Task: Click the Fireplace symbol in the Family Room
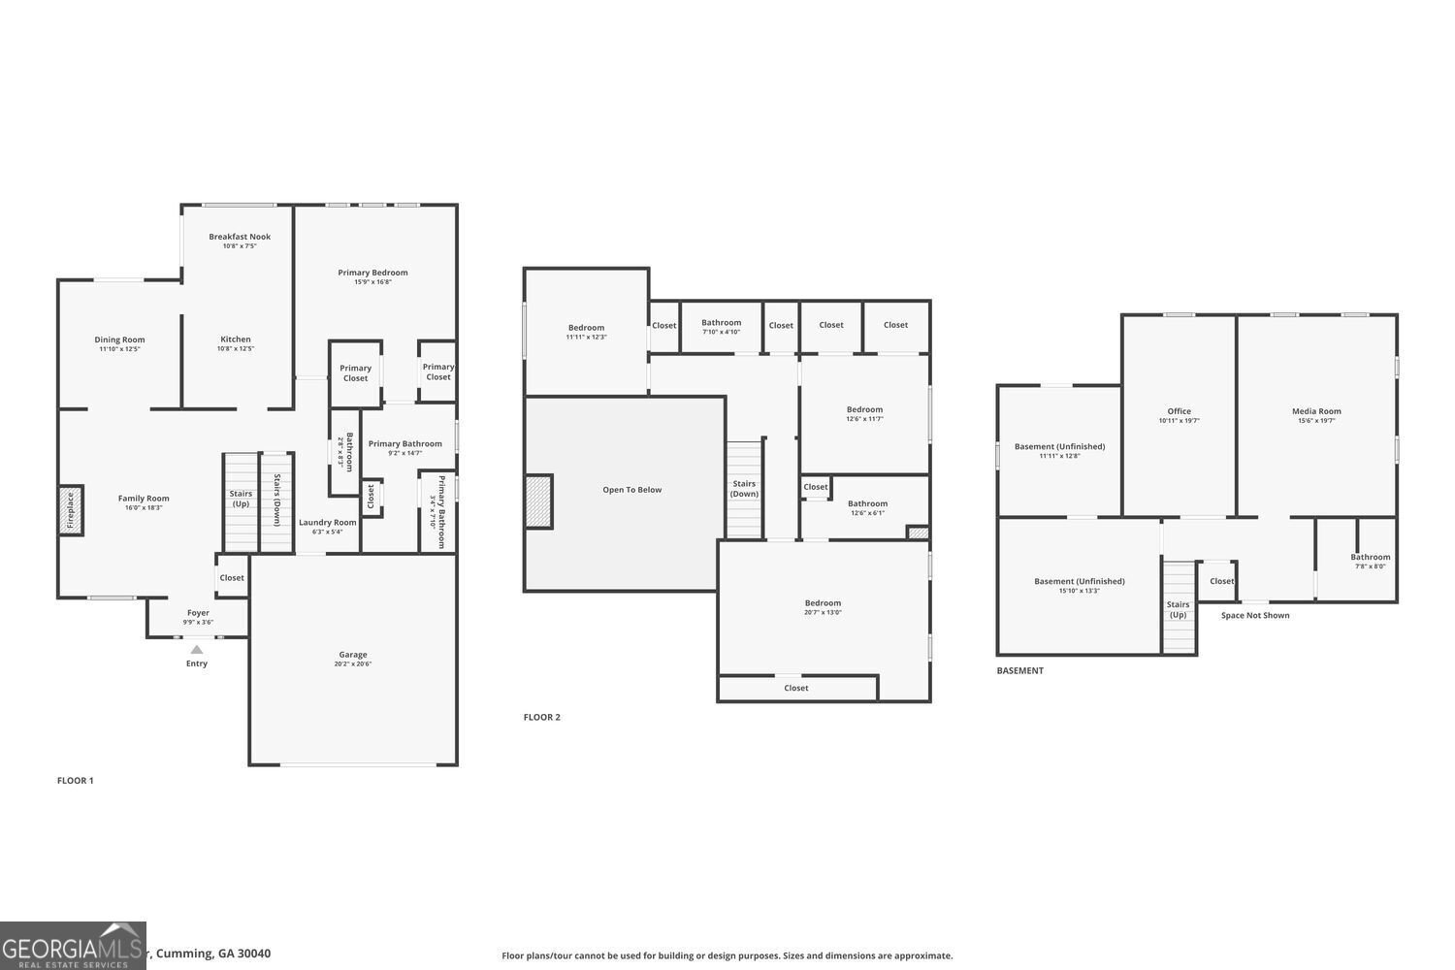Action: pos(70,510)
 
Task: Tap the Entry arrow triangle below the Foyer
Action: pos(197,650)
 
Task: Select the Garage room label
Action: pos(353,655)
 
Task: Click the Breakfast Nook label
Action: pos(240,237)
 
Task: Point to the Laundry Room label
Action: pos(327,522)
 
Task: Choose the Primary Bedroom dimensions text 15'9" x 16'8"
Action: pos(372,282)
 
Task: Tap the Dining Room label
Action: pos(119,339)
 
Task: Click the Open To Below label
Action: pos(631,490)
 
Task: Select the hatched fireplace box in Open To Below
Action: pos(539,501)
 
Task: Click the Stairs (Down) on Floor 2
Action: pos(744,490)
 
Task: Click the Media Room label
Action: pos(1316,411)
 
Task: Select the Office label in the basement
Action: pos(1179,411)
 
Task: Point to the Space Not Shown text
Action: pos(1255,615)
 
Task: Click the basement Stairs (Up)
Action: pos(1179,608)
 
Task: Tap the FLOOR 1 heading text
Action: pos(76,780)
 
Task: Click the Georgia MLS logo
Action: pos(73,946)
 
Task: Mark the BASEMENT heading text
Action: pos(1020,670)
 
